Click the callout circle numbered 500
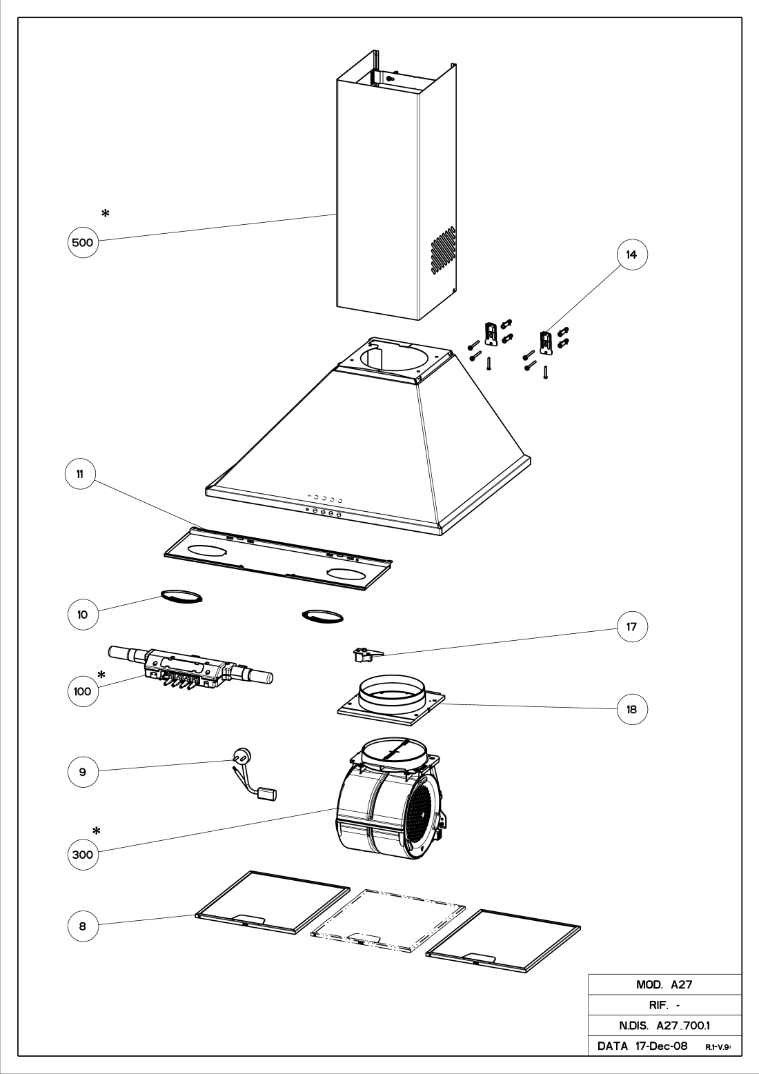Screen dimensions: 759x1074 click(83, 242)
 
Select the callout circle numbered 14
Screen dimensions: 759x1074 click(631, 255)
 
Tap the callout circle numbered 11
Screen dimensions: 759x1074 click(81, 474)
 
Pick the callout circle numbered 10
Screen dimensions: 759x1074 click(83, 614)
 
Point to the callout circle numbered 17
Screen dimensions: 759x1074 click(631, 626)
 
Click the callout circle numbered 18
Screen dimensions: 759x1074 click(631, 709)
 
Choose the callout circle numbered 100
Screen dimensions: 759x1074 click(83, 691)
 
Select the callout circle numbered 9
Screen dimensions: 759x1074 click(83, 772)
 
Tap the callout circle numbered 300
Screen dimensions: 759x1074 click(83, 855)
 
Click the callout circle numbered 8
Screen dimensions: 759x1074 click(83, 926)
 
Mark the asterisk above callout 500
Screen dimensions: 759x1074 click(106, 213)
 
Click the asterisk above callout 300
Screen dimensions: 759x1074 click(97, 831)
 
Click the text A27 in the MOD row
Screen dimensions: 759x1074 click(681, 985)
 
